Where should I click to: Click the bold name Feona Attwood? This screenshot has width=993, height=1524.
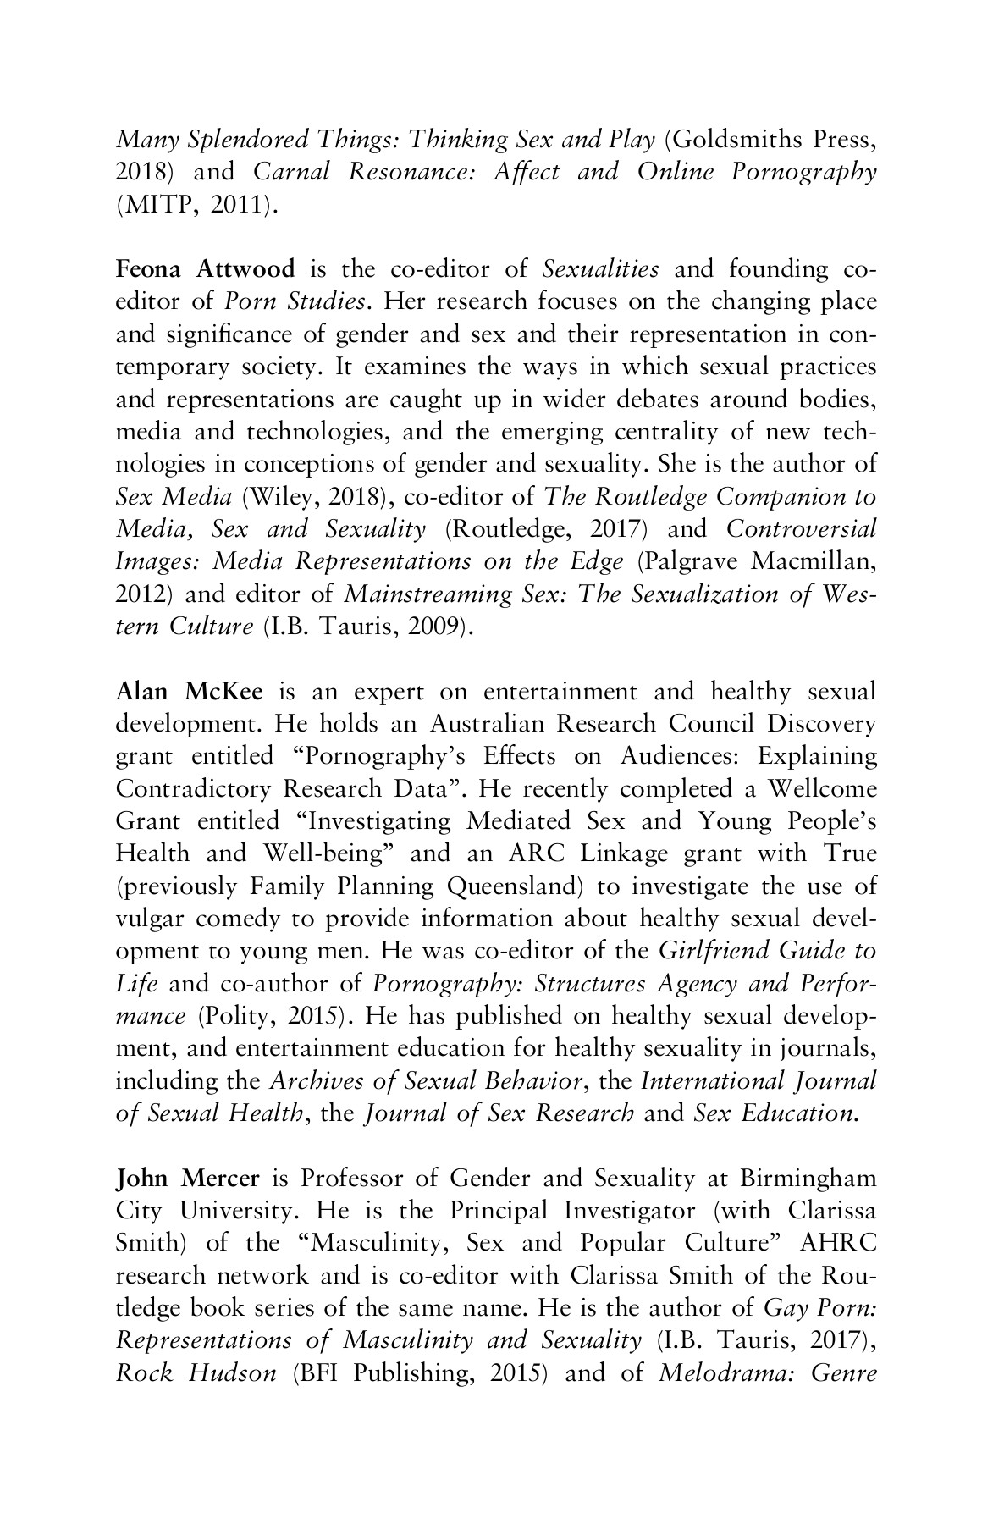tap(205, 270)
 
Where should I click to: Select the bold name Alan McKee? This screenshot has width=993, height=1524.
tap(189, 692)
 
